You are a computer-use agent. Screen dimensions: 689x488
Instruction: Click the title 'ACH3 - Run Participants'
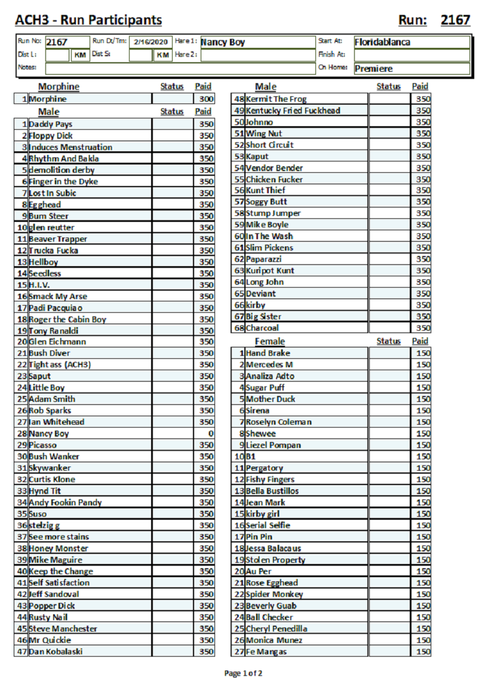click(x=88, y=20)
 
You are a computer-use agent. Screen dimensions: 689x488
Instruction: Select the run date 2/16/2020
click(x=152, y=42)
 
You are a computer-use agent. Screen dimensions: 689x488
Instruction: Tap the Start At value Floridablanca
click(x=382, y=42)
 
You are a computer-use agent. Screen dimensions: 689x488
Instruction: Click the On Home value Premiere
click(x=373, y=68)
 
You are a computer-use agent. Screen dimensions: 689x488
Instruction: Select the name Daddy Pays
click(x=51, y=124)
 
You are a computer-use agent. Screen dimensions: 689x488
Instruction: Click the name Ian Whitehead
click(x=57, y=422)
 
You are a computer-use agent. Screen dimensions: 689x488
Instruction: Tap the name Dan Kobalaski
click(x=56, y=651)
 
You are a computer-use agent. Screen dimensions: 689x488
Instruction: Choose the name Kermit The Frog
click(x=276, y=99)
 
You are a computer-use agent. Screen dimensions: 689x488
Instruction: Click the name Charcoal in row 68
click(x=262, y=328)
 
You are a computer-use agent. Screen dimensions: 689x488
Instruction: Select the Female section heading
click(x=270, y=342)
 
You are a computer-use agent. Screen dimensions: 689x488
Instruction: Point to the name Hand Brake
click(x=268, y=353)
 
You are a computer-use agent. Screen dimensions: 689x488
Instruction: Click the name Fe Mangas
click(x=266, y=651)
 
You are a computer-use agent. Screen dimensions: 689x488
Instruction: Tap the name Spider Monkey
click(x=275, y=595)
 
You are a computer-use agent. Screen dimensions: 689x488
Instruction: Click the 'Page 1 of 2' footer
click(x=244, y=673)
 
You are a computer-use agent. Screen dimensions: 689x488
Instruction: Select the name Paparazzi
click(x=264, y=260)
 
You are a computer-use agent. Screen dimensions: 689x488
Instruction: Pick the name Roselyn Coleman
click(x=279, y=422)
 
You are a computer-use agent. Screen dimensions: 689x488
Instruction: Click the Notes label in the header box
click(x=27, y=67)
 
